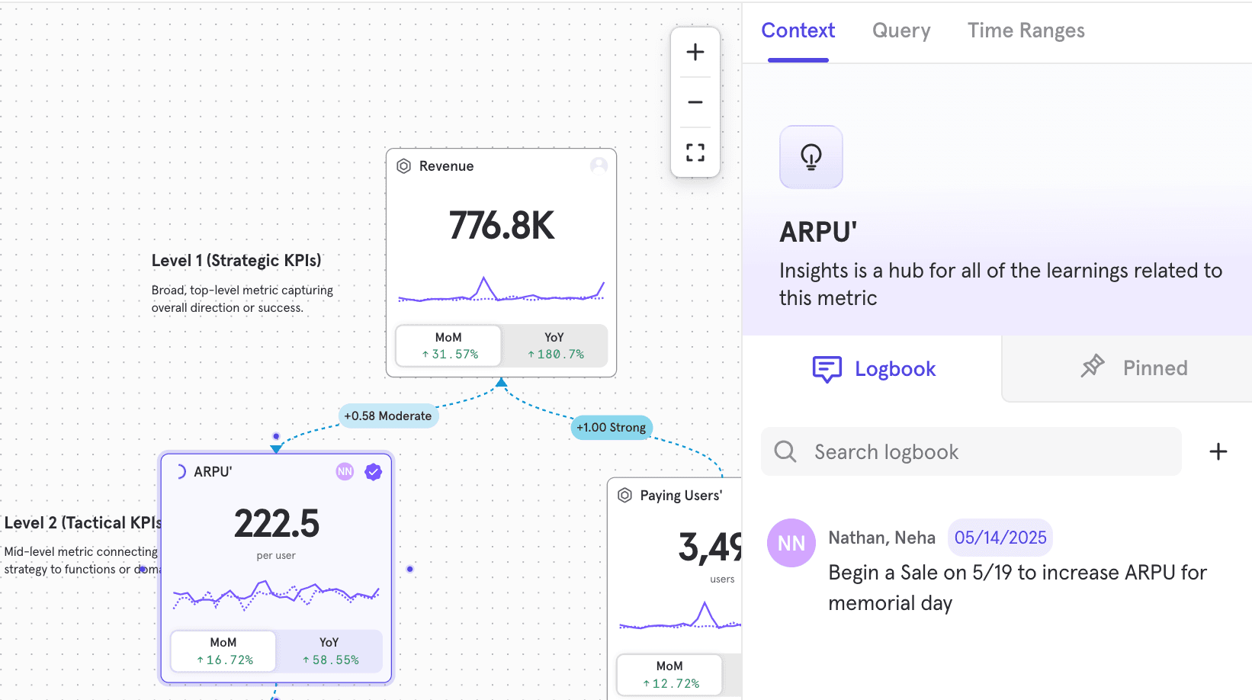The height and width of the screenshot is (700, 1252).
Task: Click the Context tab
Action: coord(798,31)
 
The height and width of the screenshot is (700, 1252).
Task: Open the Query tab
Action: coord(901,31)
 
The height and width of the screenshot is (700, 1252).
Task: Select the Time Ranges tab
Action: coord(1026,31)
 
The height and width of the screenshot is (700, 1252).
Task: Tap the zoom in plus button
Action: coord(695,53)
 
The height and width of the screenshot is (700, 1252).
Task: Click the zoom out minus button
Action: coord(695,102)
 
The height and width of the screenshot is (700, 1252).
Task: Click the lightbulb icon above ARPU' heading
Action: coord(811,157)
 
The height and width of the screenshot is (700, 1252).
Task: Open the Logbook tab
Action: coord(874,369)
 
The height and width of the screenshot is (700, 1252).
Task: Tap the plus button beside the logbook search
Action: coord(1218,452)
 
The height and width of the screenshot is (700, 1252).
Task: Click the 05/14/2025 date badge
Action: coord(1000,538)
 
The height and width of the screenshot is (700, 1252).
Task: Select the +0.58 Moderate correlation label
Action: coord(388,416)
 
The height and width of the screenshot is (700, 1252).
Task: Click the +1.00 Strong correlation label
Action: coord(611,428)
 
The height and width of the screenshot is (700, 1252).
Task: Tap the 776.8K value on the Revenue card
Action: coord(501,226)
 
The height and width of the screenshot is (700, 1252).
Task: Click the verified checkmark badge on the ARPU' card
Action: coord(373,472)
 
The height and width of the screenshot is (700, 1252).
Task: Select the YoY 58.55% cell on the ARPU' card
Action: coord(329,651)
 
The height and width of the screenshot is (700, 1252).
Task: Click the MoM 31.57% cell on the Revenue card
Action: coord(448,346)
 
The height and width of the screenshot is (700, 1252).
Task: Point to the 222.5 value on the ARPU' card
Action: coord(276,524)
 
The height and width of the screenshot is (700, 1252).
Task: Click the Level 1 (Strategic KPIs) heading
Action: coord(236,261)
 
